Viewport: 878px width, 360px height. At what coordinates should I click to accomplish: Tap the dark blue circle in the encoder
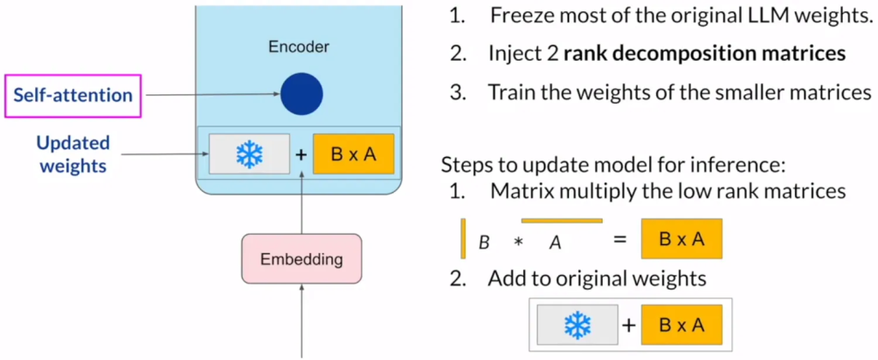tap(301, 93)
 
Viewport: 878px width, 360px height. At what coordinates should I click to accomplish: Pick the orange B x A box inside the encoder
tap(353, 153)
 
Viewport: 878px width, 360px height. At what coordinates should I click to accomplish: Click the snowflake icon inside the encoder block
tap(249, 154)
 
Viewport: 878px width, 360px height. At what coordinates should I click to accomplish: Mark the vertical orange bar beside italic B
tap(463, 239)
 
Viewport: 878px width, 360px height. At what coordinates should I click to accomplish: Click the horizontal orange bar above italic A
tap(561, 222)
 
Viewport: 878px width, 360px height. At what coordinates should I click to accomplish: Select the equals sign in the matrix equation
tap(621, 240)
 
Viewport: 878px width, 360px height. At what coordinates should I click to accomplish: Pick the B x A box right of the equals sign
tap(681, 239)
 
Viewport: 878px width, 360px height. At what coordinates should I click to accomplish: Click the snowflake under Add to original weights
tap(578, 325)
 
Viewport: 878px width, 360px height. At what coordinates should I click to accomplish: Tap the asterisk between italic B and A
tap(518, 243)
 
